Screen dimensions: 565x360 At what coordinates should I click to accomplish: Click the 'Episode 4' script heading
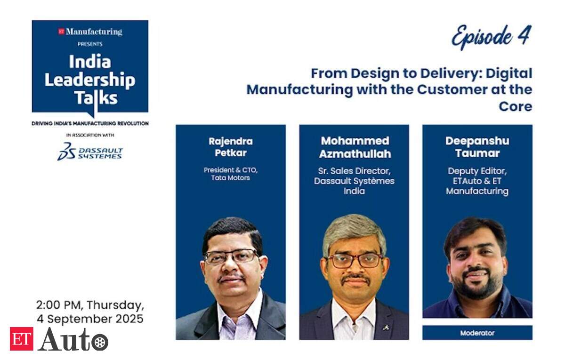(492, 37)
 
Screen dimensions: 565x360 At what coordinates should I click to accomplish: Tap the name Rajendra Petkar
(231, 147)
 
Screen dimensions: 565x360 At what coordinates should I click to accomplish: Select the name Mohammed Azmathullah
(355, 147)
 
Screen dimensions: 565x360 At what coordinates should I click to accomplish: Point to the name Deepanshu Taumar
(477, 147)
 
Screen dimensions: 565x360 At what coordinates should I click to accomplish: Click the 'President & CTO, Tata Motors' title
(231, 174)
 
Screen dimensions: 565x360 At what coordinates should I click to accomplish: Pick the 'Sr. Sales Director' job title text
(354, 171)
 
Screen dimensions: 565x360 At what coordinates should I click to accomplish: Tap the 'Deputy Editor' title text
(477, 171)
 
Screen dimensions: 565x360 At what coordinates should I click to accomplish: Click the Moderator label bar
(477, 333)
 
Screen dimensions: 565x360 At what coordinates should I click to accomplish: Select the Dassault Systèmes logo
(90, 152)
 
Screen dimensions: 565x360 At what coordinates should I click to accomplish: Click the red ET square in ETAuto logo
(22, 338)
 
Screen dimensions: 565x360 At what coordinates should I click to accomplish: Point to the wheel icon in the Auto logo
(100, 342)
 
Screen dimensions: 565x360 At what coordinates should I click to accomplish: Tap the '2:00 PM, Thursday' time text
(90, 305)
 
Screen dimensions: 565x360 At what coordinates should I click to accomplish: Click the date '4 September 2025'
(90, 319)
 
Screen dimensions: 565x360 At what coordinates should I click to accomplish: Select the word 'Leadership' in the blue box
(90, 80)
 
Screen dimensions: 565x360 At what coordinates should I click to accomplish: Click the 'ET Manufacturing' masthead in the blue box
(90, 32)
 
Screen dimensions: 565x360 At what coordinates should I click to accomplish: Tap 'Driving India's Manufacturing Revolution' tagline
(90, 123)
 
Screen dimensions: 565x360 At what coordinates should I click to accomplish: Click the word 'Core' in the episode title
(515, 106)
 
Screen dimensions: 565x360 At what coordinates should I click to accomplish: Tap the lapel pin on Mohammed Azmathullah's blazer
(385, 328)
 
